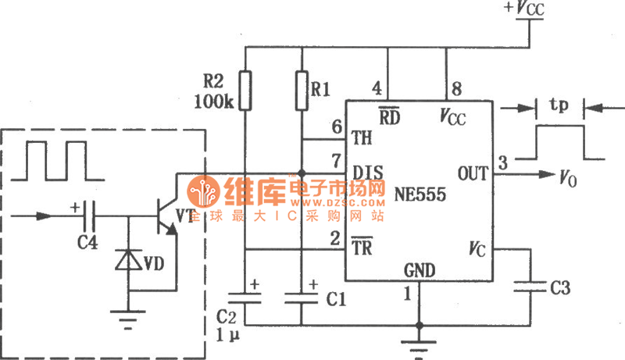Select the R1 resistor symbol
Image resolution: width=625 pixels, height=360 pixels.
click(302, 90)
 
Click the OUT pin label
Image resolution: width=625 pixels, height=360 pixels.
click(472, 172)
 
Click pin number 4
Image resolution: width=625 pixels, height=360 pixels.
click(377, 87)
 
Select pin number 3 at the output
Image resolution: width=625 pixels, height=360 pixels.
click(503, 162)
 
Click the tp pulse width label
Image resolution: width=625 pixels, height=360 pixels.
click(559, 105)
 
